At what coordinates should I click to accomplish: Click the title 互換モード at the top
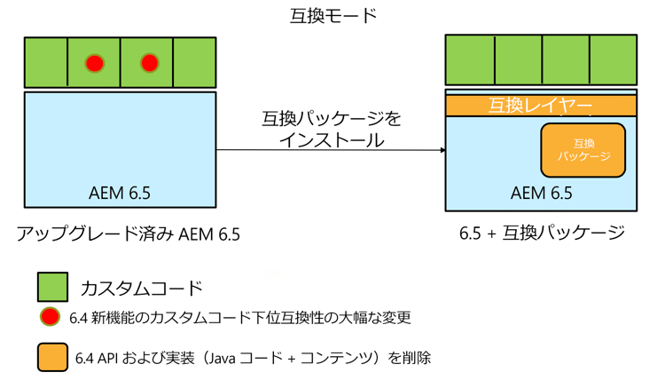(332, 15)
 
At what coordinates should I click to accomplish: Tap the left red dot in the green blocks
(94, 63)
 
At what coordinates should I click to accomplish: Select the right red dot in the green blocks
(149, 63)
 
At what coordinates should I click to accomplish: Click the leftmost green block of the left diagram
(46, 63)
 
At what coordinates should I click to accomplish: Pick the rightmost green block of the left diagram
(195, 63)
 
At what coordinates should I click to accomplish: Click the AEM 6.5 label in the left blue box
(121, 193)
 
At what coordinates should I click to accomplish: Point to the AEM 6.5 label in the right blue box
(542, 193)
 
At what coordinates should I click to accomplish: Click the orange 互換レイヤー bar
(541, 106)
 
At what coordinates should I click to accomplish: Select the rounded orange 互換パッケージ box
(583, 149)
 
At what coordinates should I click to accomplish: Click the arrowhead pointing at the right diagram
(442, 150)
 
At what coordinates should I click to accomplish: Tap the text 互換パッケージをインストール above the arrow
(331, 129)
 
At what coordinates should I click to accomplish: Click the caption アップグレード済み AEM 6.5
(129, 234)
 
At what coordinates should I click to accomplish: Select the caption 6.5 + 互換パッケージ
(542, 234)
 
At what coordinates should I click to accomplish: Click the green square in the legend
(52, 287)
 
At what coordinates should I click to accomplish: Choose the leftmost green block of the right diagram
(470, 59)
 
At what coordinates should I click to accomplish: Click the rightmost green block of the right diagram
(613, 59)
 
